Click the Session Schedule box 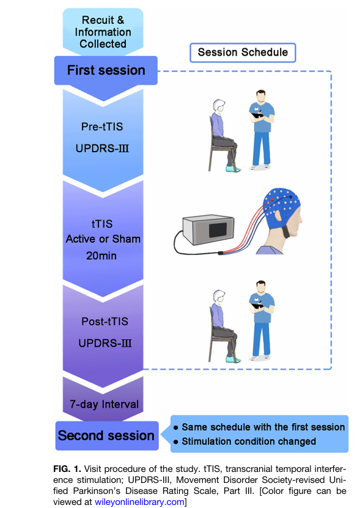tap(243, 53)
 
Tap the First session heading tap(106, 70)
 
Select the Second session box tap(107, 435)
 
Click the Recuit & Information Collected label tap(103, 32)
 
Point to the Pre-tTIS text tap(102, 127)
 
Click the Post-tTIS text tap(105, 321)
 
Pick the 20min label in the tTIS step tap(101, 256)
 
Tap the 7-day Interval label tap(104, 404)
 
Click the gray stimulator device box tap(208, 230)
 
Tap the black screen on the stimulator tap(218, 230)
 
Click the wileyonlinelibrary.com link tap(139, 502)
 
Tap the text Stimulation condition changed tap(249, 441)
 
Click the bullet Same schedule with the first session tap(259, 427)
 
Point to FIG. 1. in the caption tap(67, 469)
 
